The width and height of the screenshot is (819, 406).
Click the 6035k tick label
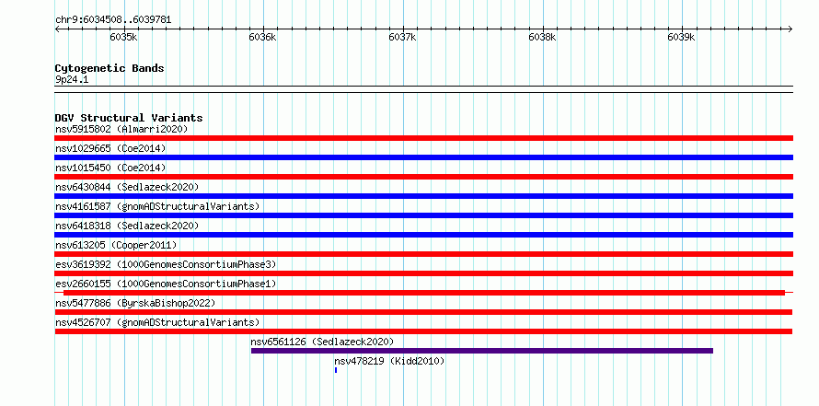[124, 37]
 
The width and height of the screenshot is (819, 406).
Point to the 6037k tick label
[403, 37]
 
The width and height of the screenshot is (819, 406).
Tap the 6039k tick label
[682, 37]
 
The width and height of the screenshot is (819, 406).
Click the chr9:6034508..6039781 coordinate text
[113, 20]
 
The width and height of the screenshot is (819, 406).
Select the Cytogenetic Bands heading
[110, 68]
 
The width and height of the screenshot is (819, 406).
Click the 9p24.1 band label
[72, 80]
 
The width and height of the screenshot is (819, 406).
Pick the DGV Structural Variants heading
[129, 118]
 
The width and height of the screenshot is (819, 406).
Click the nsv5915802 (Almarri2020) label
[121, 129]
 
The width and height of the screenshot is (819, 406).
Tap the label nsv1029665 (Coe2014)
[110, 148]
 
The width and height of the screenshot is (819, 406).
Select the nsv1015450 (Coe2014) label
[110, 168]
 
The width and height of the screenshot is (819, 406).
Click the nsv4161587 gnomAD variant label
[157, 206]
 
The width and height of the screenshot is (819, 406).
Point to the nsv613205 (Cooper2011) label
[116, 245]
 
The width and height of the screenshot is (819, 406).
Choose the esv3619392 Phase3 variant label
[166, 264]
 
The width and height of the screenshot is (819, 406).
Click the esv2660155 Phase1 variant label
[166, 284]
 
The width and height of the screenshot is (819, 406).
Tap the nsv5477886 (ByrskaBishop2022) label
[135, 303]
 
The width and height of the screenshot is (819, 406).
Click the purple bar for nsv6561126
[482, 351]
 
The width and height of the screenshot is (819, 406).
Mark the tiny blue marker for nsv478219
[336, 370]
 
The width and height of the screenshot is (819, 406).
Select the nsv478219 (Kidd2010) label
[389, 361]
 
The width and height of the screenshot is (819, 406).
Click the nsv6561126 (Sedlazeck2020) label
[322, 342]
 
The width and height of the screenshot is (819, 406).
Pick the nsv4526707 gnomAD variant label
[157, 322]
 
